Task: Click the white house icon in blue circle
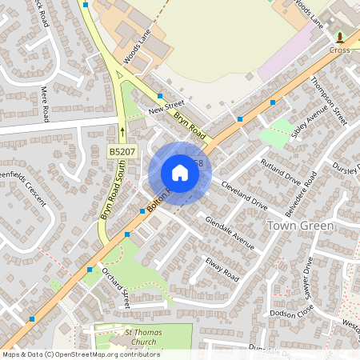pyautogui.click(x=180, y=173)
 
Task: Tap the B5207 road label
pyautogui.click(x=122, y=150)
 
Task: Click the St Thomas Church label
pyautogui.click(x=130, y=337)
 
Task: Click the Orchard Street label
pyautogui.click(x=116, y=288)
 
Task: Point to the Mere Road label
pyautogui.click(x=46, y=102)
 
